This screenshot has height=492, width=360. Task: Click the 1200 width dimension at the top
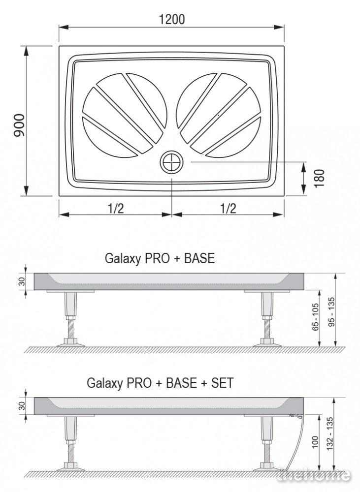click(x=172, y=20)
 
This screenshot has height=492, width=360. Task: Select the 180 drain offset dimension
click(x=319, y=178)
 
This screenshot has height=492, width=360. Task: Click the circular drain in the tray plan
click(x=171, y=162)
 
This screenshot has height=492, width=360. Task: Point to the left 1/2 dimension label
click(x=116, y=208)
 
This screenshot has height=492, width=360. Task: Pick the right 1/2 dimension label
click(x=228, y=208)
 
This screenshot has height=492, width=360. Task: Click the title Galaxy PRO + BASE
click(x=160, y=258)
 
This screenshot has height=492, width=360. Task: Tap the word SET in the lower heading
click(x=223, y=383)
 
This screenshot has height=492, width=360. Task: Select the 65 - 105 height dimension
click(x=315, y=316)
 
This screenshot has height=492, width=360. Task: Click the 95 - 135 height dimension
click(x=331, y=312)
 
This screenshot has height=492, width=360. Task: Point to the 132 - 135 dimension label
click(x=329, y=433)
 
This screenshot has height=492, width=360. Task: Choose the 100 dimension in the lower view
click(x=315, y=442)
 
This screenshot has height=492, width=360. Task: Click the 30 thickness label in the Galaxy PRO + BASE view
click(x=21, y=281)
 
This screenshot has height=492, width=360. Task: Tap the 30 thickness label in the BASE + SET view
click(x=21, y=406)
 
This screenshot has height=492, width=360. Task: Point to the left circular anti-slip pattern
click(x=125, y=115)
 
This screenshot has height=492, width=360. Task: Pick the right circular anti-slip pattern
click(x=219, y=115)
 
